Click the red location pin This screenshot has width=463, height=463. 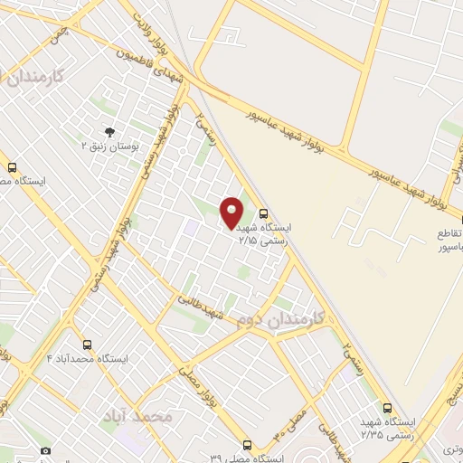click(232, 212)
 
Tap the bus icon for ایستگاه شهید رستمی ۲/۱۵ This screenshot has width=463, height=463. click(263, 214)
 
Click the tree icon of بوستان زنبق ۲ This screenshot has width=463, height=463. click(110, 132)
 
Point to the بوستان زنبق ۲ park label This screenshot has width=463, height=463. click(109, 146)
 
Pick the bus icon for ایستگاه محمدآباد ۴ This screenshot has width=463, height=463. click(88, 345)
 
